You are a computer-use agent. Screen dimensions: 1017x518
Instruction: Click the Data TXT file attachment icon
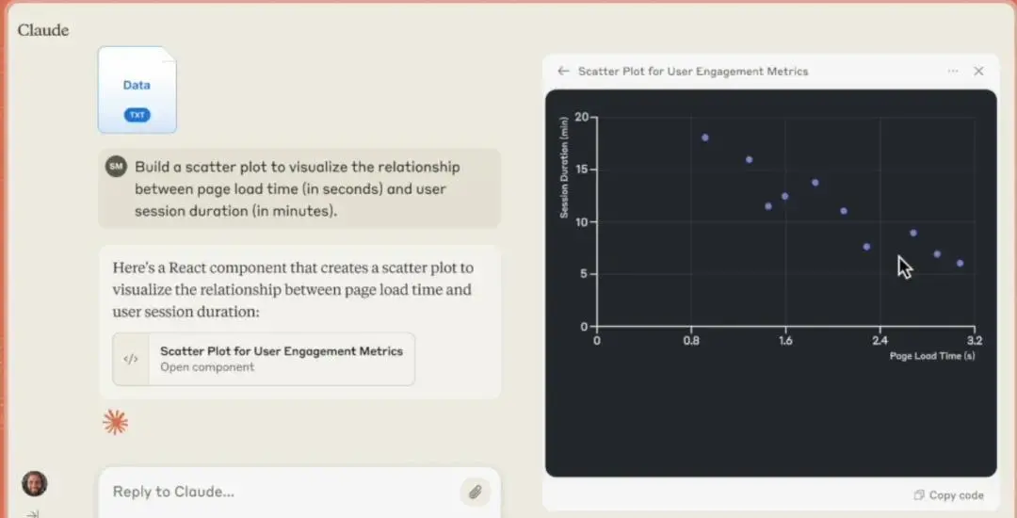137,90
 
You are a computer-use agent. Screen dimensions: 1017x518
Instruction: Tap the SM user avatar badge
116,167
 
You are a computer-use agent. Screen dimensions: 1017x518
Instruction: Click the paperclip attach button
476,492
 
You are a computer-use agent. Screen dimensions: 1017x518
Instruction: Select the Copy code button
949,495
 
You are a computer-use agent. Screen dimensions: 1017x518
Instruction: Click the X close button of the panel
978,72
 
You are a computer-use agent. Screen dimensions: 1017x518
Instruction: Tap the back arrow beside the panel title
563,72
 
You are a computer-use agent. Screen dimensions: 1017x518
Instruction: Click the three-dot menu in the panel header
953,72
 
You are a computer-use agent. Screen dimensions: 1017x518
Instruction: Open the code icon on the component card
131,359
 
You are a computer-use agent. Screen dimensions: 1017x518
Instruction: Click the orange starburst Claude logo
116,422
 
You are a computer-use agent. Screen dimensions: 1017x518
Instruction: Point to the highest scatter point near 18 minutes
705,138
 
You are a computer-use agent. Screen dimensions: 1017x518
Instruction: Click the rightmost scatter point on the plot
960,263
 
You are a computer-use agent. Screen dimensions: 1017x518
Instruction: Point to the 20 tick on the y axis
581,118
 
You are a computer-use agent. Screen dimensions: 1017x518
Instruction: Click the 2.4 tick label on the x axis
880,340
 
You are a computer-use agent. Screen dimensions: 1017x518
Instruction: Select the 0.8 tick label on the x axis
691,340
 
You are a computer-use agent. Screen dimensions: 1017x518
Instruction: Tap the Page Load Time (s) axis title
932,356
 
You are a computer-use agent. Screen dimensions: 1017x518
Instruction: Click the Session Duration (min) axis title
564,168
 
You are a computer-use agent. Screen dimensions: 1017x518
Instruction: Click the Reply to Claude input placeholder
173,492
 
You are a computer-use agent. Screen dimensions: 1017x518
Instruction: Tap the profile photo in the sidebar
35,484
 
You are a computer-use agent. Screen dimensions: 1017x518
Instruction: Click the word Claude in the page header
42,30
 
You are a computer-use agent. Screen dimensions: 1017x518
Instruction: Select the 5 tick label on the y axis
585,274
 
